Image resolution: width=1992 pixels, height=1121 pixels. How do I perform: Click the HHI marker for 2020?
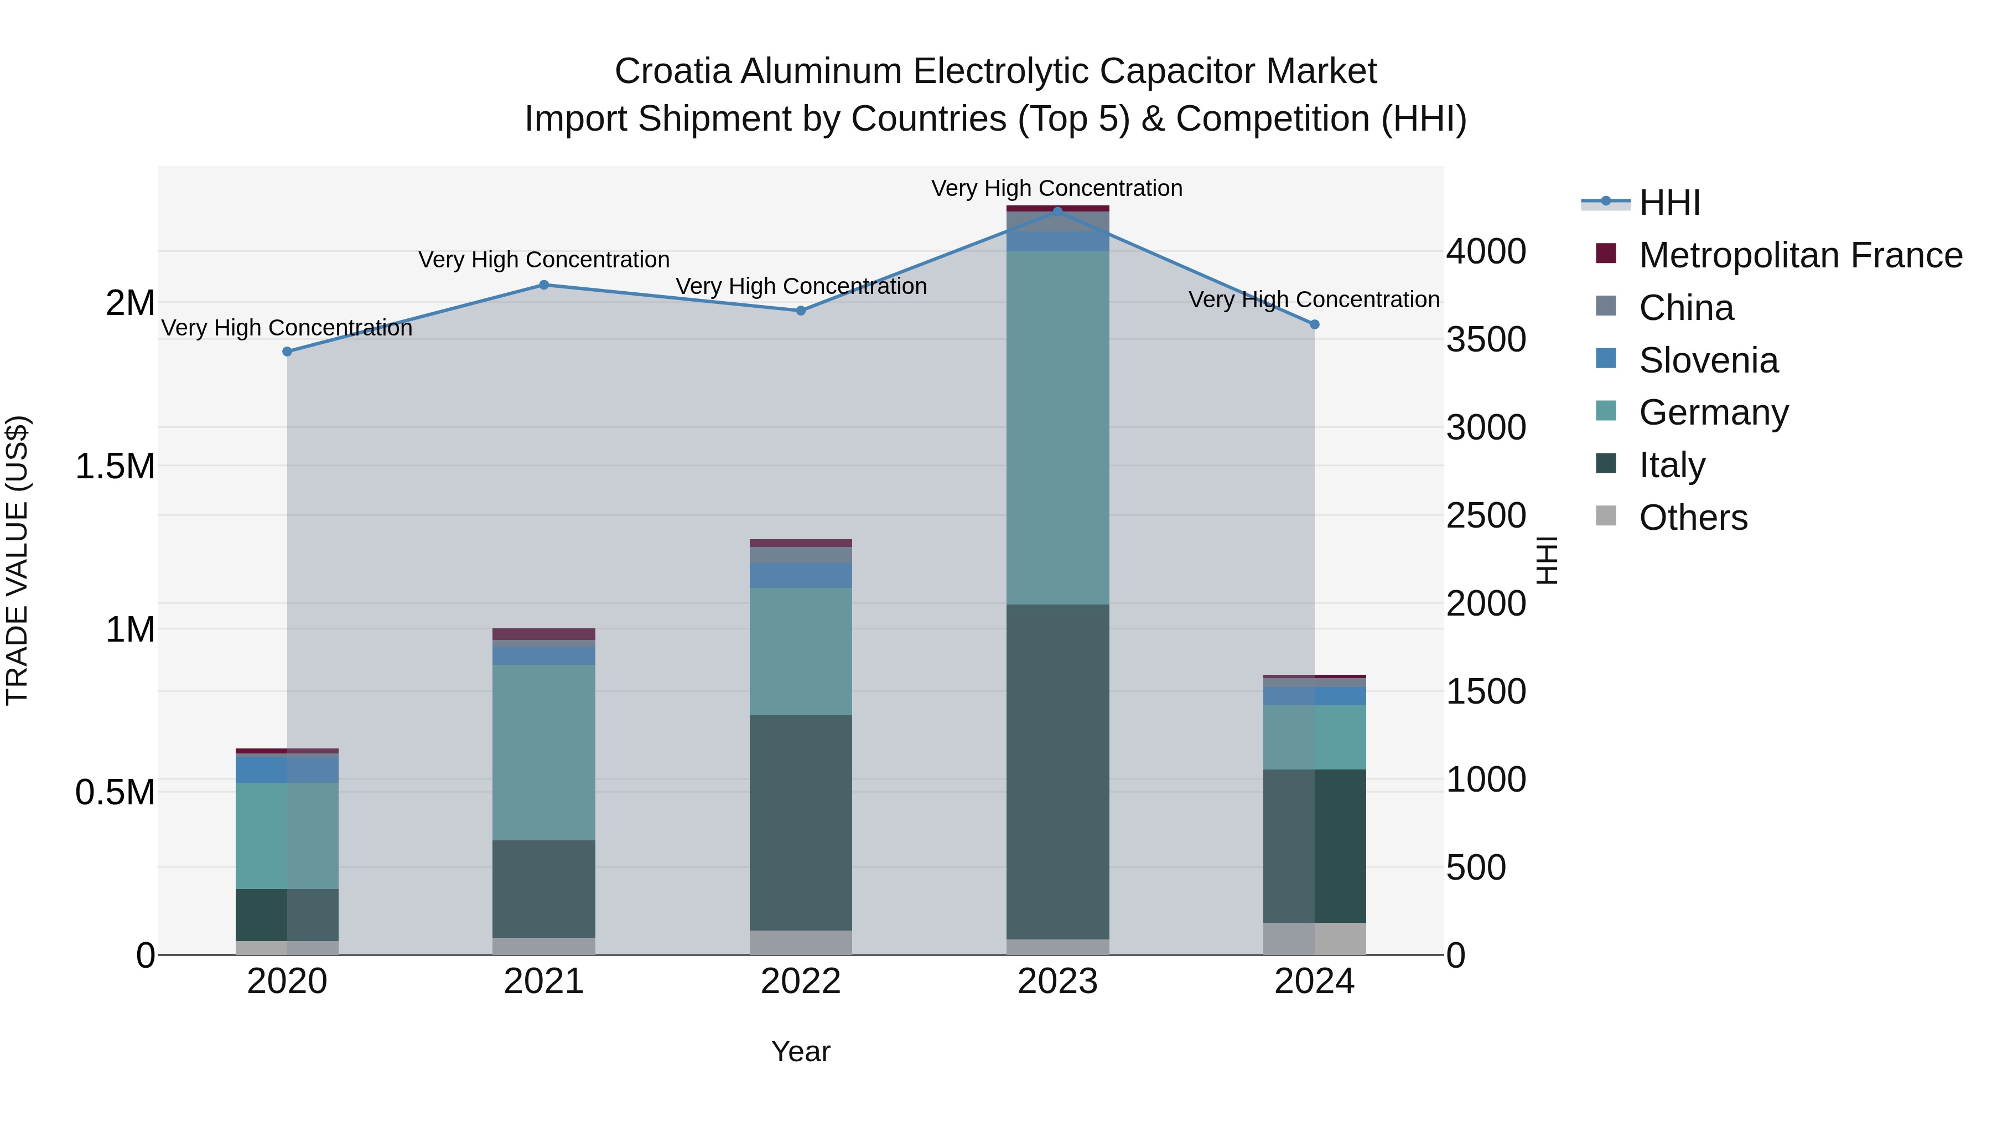(x=287, y=351)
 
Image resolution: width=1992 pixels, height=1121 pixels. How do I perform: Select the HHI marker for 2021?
(x=543, y=285)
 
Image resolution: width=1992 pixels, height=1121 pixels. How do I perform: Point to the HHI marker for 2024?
(x=1315, y=325)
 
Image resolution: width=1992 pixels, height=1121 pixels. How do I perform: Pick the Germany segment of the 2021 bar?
(x=543, y=752)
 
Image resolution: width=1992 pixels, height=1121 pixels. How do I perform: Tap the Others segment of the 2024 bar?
(x=1315, y=938)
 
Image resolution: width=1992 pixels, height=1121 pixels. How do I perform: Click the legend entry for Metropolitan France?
(x=1800, y=255)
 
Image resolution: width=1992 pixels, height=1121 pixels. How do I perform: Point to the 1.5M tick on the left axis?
(x=115, y=467)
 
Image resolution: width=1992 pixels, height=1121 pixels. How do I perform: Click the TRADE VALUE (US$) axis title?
(x=17, y=560)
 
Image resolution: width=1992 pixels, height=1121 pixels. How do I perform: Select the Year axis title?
(x=800, y=1051)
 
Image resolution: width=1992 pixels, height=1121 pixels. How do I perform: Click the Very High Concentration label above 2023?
(x=1056, y=188)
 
